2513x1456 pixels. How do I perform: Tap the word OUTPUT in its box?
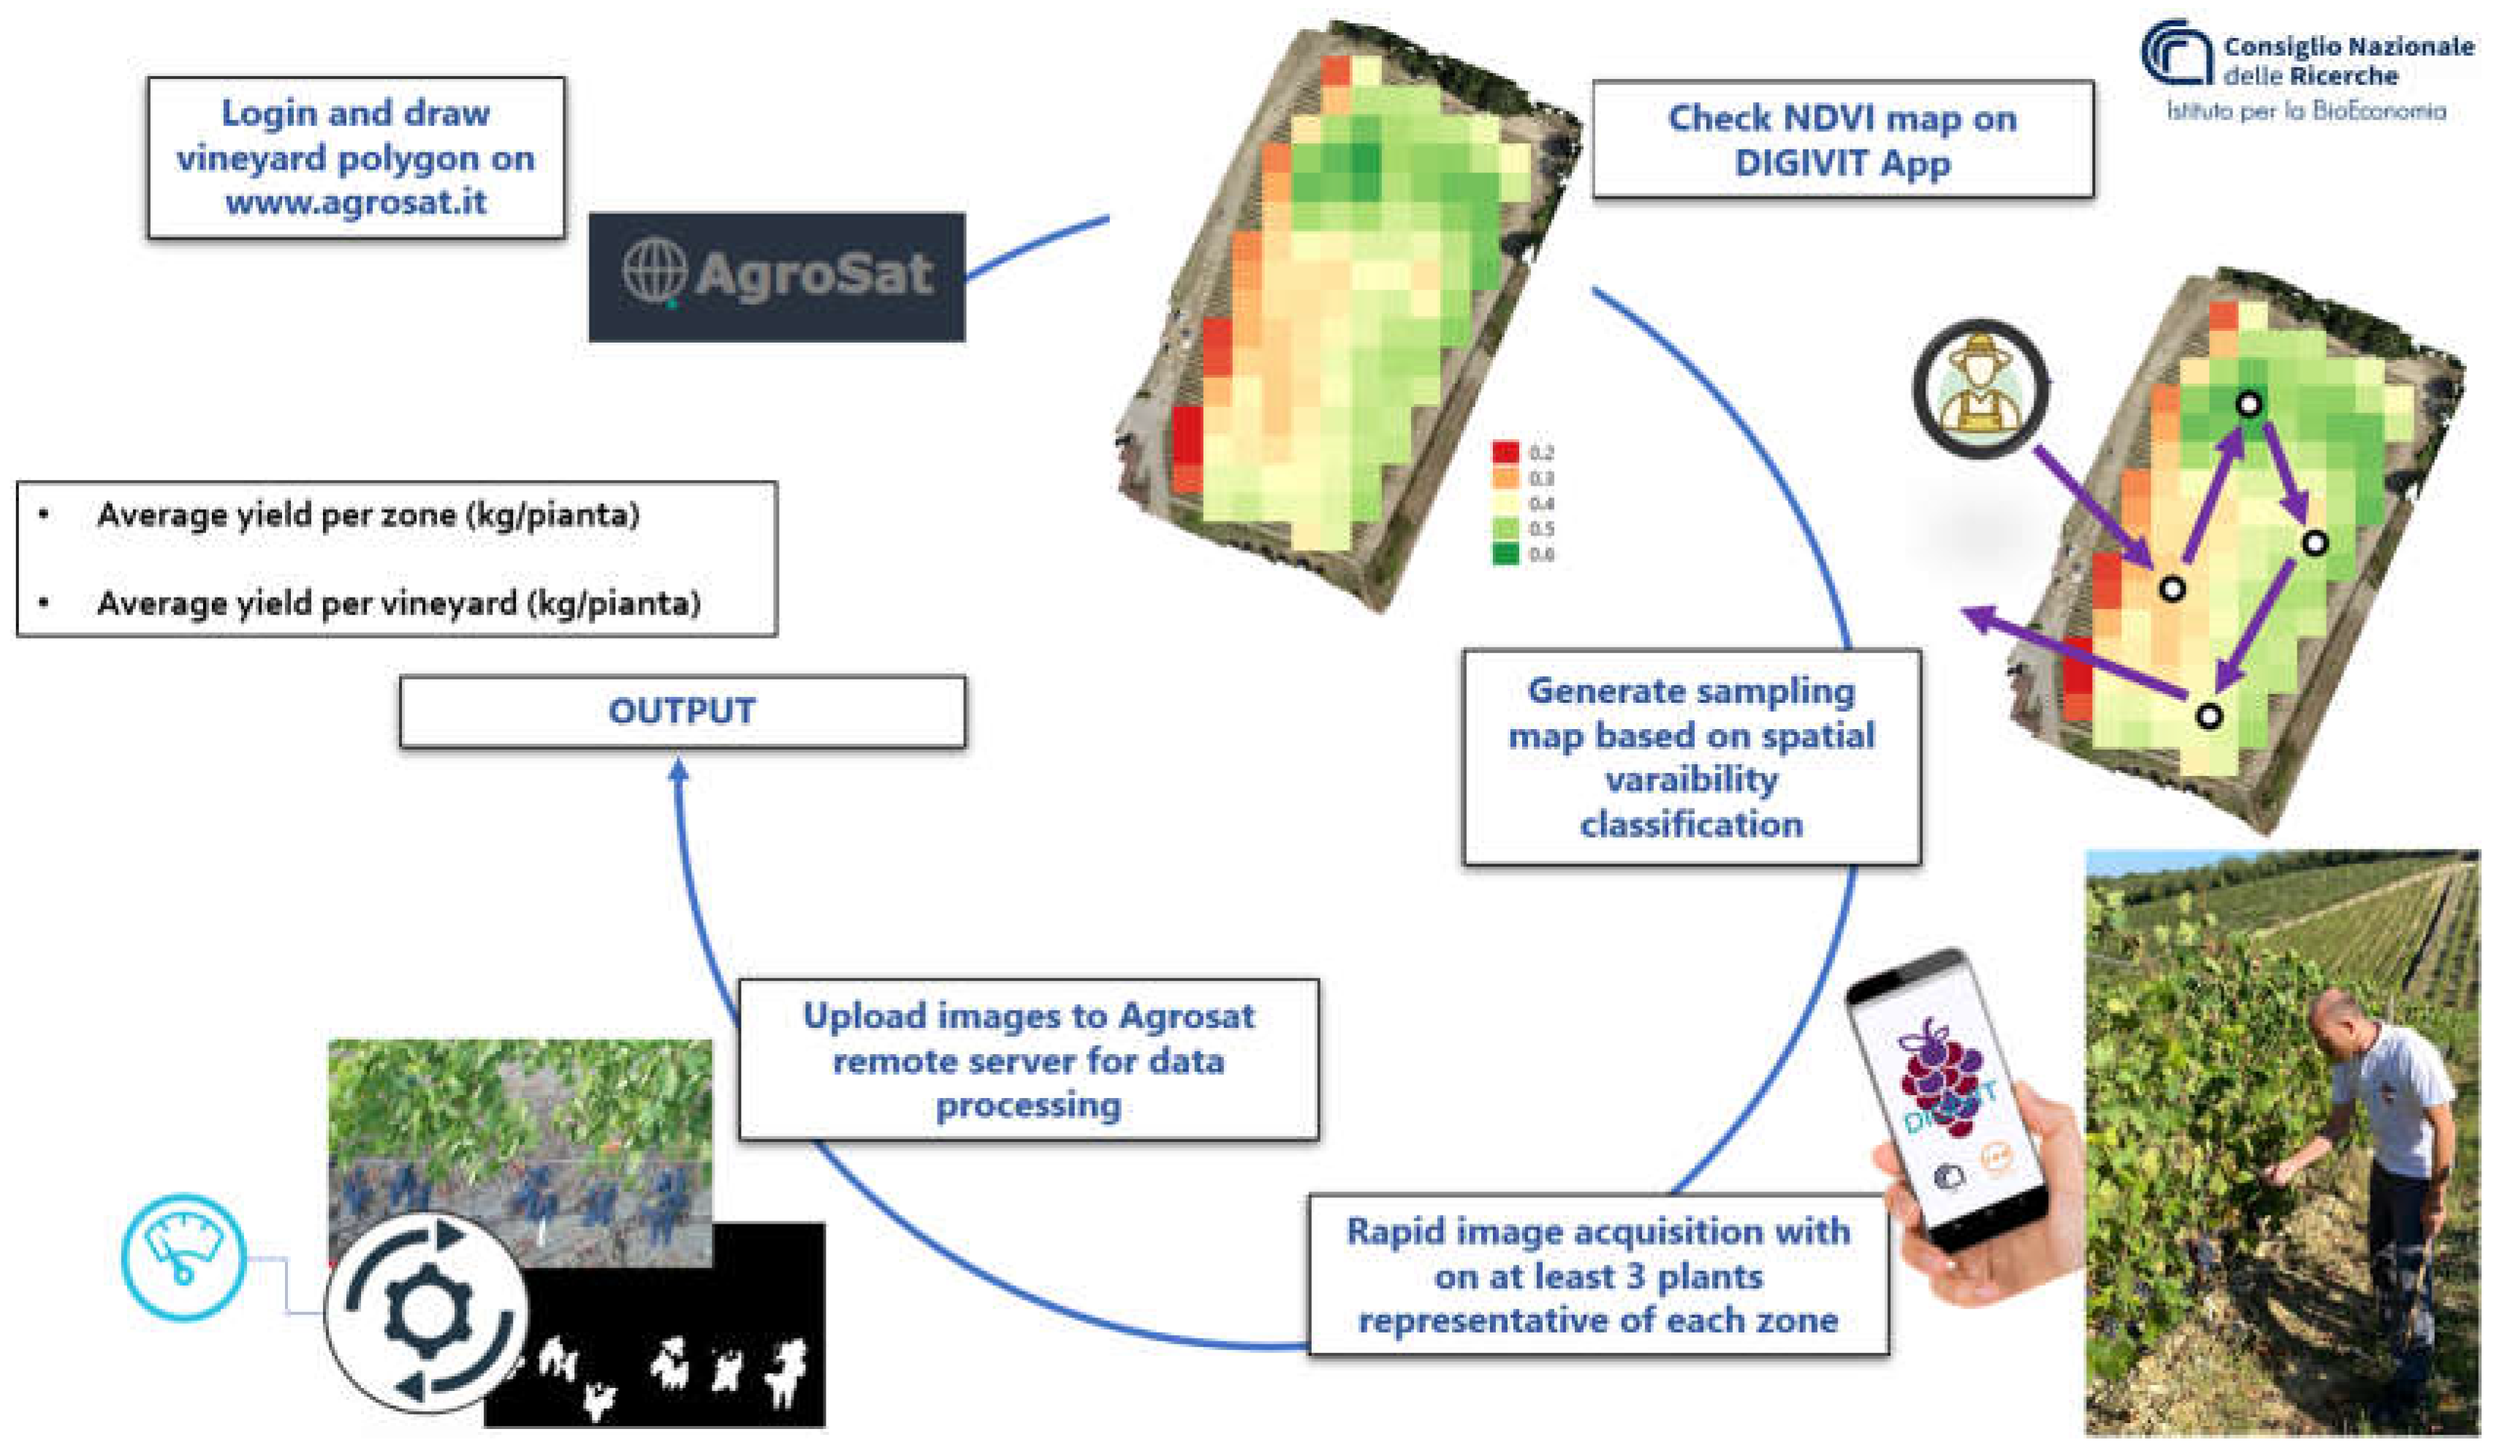tap(682, 711)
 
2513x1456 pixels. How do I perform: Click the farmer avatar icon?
tap(1980, 389)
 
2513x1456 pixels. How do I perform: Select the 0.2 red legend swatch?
tap(1505, 451)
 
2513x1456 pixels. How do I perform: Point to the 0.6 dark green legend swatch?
tap(1505, 554)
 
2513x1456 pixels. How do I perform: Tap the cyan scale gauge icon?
tap(183, 1256)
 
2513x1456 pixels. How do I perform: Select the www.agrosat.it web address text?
tap(356, 202)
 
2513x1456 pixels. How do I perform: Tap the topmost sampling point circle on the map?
tap(2248, 404)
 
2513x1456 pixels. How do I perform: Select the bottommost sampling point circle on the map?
tap(2209, 716)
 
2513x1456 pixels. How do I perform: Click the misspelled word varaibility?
tap(1692, 779)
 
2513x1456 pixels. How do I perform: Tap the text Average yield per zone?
tap(276, 516)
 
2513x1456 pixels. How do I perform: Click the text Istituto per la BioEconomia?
tap(2305, 111)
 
